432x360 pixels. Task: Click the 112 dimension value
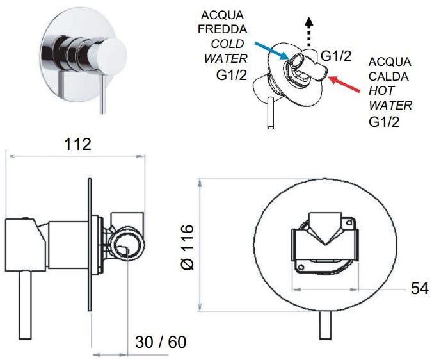coord(77,144)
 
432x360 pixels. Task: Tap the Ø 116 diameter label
coord(188,247)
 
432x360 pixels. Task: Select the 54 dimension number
coord(420,289)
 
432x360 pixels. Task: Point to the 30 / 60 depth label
coord(161,342)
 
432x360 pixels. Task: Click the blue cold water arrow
coord(271,51)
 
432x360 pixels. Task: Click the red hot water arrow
coord(344,84)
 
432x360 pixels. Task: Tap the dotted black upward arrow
coord(309,31)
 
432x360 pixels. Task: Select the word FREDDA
coord(222,29)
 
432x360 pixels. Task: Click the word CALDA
coord(388,76)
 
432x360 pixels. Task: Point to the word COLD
coord(227,44)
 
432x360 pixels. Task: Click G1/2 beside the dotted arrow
coord(336,56)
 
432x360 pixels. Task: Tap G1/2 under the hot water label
coord(384,122)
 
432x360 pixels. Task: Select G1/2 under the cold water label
coord(232,75)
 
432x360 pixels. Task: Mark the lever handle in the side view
coord(26,305)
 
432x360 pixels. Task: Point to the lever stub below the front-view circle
coord(325,325)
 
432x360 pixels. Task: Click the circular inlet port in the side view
coord(127,242)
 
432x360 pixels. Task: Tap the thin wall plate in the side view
coord(90,245)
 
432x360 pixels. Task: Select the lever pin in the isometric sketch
coord(271,113)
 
